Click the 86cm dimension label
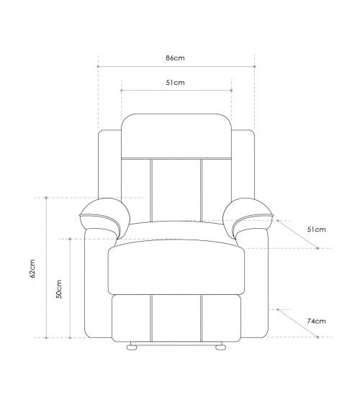(176, 58)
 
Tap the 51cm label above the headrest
(176, 83)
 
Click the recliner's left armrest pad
(103, 215)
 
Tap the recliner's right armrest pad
(249, 215)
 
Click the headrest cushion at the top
(176, 135)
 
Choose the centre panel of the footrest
(176, 317)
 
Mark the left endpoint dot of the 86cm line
(98, 65)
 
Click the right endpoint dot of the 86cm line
(255, 65)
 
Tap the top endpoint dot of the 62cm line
(47, 197)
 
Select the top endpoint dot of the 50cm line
(70, 238)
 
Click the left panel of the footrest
(132, 317)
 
